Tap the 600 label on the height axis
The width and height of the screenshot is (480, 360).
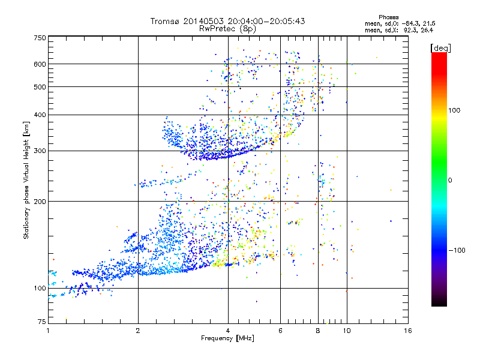coord(40,64)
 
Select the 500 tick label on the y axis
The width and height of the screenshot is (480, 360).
coord(40,87)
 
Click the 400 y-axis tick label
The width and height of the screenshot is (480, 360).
coord(40,115)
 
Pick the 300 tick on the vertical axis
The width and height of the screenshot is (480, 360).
coord(40,151)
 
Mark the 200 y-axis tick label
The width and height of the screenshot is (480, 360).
coord(40,202)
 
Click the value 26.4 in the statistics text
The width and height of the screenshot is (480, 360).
coord(426,29)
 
